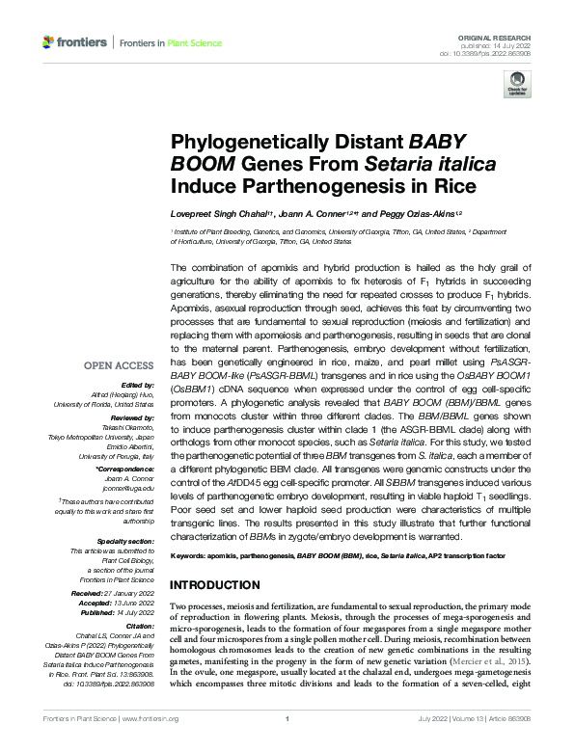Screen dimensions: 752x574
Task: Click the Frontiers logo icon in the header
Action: pos(49,42)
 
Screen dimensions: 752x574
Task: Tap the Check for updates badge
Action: pos(517,83)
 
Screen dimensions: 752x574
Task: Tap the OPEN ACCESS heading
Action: pos(120,365)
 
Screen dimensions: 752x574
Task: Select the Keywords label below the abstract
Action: pos(190,557)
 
